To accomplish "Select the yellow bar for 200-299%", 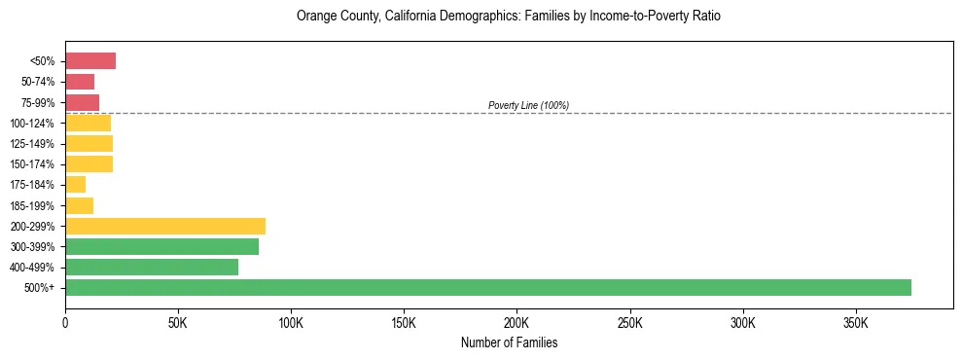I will click(165, 226).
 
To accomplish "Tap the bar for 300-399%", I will click(161, 246).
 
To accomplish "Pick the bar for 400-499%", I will click(152, 267).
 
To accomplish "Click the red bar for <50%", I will click(90, 61).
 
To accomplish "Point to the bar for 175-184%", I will click(76, 184).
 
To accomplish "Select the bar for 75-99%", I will click(83, 102).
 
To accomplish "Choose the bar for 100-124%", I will click(89, 123).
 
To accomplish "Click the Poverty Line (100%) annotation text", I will click(528, 105).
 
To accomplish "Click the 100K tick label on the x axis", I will click(291, 322).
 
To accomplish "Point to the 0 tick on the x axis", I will click(65, 322).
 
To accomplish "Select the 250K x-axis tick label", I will click(629, 322).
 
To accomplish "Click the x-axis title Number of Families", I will click(509, 342).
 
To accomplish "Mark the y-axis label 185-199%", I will click(32, 205).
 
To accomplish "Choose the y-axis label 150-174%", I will click(32, 164).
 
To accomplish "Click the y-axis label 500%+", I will click(39, 288).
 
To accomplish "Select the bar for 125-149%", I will click(89, 143).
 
